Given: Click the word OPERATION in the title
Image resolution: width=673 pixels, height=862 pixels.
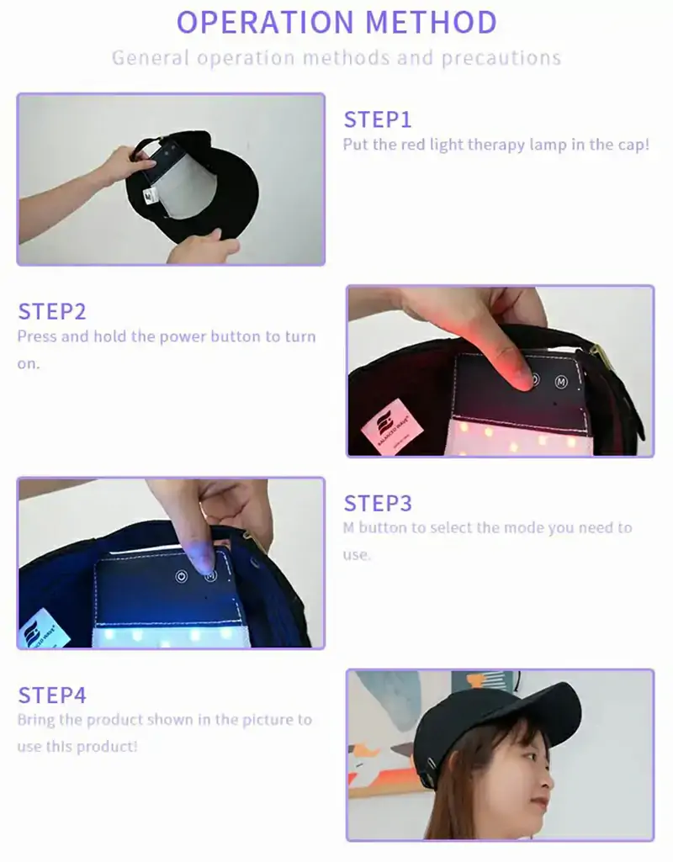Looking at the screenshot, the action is click(x=265, y=22).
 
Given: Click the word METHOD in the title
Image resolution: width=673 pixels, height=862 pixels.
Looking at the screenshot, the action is click(x=431, y=22).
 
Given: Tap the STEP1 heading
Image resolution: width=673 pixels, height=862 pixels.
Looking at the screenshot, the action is click(x=378, y=120).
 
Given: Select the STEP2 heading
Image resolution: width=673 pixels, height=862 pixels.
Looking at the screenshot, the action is click(x=52, y=312).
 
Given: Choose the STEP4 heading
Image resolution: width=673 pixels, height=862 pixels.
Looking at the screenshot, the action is click(x=52, y=695).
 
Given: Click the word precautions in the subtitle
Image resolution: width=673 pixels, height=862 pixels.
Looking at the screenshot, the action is click(x=501, y=58).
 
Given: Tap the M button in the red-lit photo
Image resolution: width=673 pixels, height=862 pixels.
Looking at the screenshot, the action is click(x=561, y=382).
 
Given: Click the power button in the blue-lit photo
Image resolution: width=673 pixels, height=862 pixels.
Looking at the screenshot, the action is click(x=181, y=577).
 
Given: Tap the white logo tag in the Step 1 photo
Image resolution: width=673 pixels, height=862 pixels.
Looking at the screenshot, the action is click(x=150, y=194).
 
